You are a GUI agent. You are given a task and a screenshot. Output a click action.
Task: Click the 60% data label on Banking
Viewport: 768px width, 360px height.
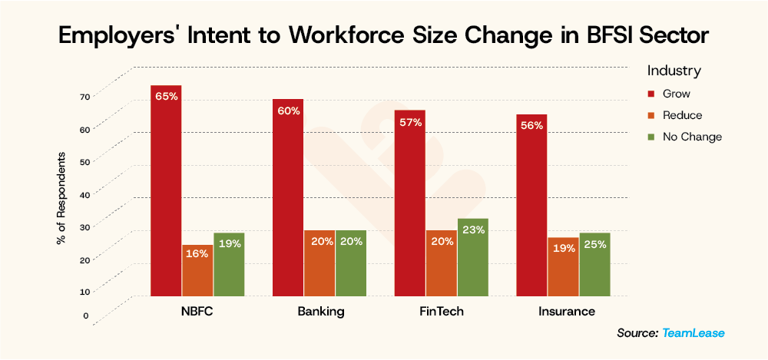click(289, 111)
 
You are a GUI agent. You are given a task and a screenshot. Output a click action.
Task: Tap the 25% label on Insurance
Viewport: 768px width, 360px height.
click(595, 244)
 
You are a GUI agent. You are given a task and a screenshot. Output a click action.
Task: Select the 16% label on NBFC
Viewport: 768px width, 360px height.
click(197, 254)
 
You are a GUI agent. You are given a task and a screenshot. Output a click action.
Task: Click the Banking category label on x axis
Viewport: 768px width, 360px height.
click(320, 312)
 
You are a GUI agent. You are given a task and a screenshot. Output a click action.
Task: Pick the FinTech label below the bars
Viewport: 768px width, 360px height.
click(442, 312)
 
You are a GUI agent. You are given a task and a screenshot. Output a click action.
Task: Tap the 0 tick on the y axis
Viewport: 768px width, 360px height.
click(86, 315)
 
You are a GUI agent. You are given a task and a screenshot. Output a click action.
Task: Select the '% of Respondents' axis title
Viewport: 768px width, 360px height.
click(61, 198)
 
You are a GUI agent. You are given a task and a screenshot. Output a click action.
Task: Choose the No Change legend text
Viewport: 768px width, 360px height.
click(695, 137)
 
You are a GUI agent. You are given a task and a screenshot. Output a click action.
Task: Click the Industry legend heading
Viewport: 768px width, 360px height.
click(674, 71)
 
